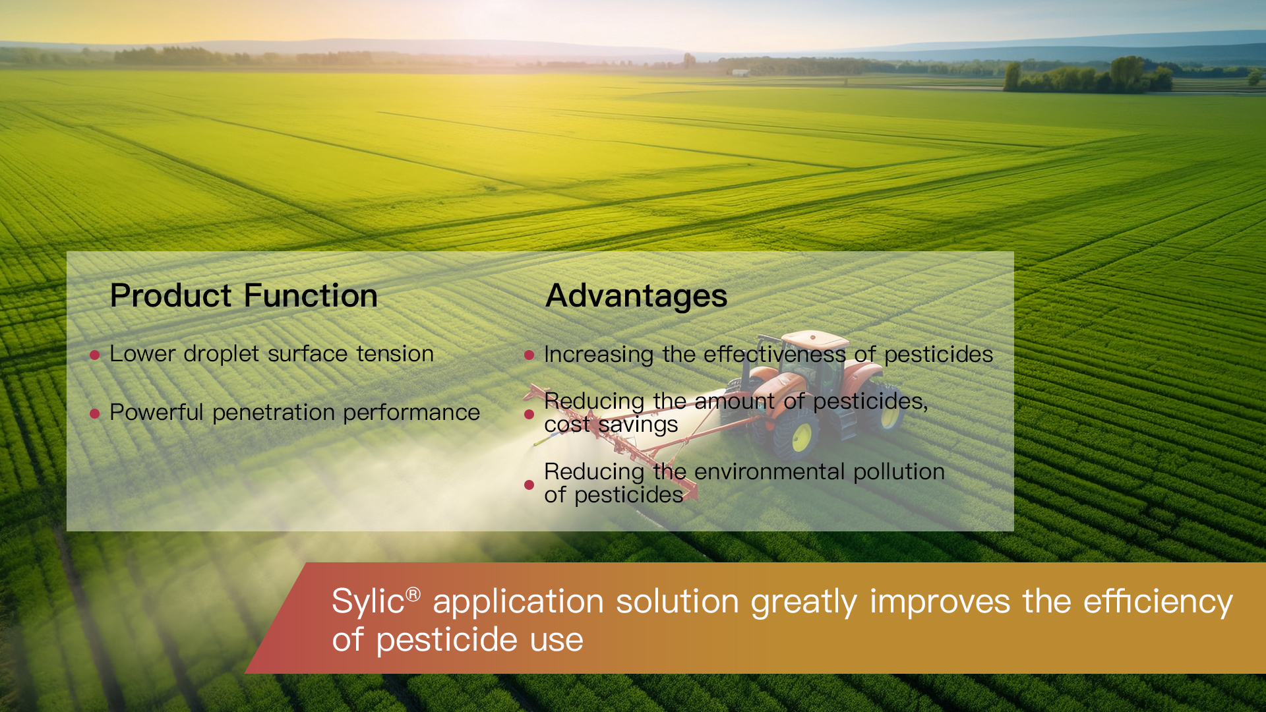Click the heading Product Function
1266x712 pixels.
243,295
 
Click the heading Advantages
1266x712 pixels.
636,296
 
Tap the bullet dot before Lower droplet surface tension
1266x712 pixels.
94,355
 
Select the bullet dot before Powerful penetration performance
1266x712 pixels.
94,414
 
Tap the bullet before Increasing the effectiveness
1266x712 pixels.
529,355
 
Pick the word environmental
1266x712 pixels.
769,472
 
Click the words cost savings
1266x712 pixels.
611,425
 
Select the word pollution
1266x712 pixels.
899,472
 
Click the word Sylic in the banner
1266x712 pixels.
368,601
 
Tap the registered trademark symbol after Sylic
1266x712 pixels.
413,594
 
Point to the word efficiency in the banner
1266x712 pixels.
1158,602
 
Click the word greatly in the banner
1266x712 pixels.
804,602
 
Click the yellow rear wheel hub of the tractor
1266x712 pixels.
801,438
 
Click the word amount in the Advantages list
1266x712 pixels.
735,401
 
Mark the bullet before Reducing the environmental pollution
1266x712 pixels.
529,485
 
